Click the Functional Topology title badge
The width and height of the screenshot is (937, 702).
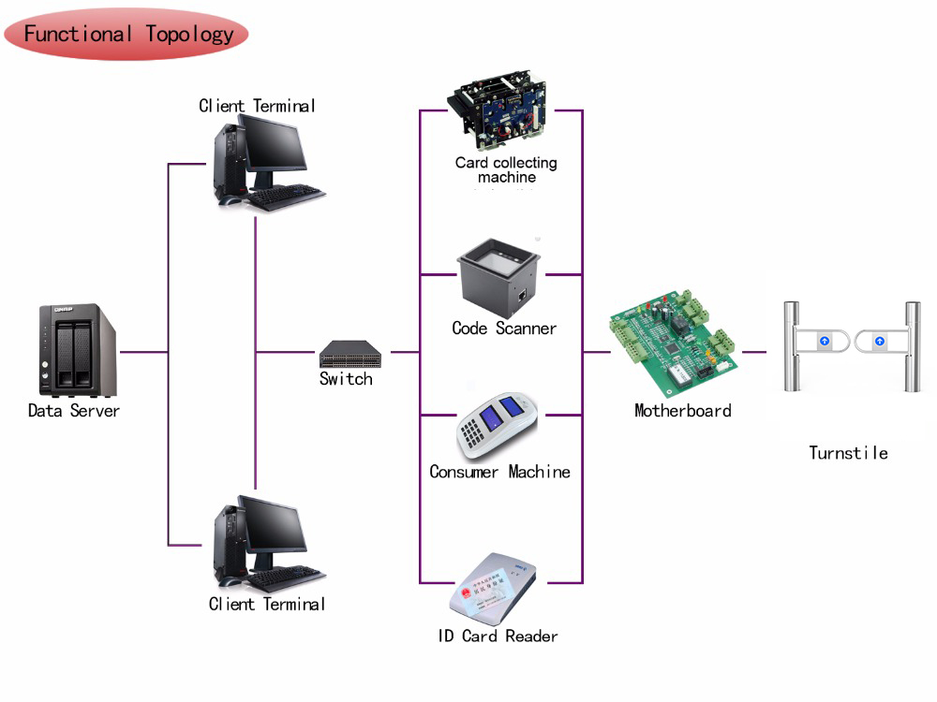127,36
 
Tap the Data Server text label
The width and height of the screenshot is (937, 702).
74,410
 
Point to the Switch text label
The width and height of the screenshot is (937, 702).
346,379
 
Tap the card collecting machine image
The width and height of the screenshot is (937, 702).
501,111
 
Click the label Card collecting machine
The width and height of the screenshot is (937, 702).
506,169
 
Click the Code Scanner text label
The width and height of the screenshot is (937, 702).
504,329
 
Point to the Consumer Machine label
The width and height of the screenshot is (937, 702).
499,472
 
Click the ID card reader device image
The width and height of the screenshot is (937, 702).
497,589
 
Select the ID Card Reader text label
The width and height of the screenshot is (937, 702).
498,636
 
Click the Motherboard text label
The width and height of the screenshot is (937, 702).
682,410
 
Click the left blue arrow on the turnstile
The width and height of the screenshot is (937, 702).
825,342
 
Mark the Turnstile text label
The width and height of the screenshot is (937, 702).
848,453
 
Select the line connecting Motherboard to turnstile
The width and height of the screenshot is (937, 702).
754,352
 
